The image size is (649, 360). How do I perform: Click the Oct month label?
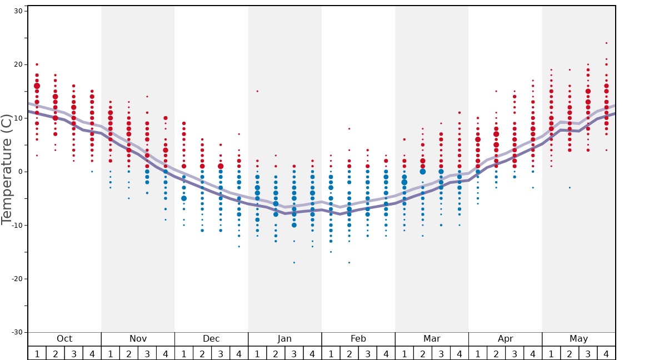pos(64,339)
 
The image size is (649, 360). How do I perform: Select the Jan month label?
pos(284,339)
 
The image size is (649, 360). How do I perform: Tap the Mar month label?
pos(432,339)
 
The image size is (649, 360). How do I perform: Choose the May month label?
pos(578,339)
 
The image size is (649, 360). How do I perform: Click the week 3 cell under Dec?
pos(221,354)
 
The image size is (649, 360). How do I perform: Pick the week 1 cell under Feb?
pos(331,354)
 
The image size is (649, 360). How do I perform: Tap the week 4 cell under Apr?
pos(533,354)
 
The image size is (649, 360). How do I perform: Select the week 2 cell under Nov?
pos(129,354)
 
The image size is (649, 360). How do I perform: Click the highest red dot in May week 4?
pos(606,43)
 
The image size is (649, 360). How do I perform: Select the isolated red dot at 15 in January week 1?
pos(257,91)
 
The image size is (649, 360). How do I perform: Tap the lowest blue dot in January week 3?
pos(294,262)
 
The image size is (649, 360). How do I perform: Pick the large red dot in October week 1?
pos(37,86)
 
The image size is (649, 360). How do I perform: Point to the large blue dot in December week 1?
pos(184,198)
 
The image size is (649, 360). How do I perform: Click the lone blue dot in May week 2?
pos(570,188)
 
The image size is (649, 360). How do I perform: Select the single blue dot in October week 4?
pos(92,171)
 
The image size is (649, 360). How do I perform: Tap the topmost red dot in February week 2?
pos(349,128)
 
